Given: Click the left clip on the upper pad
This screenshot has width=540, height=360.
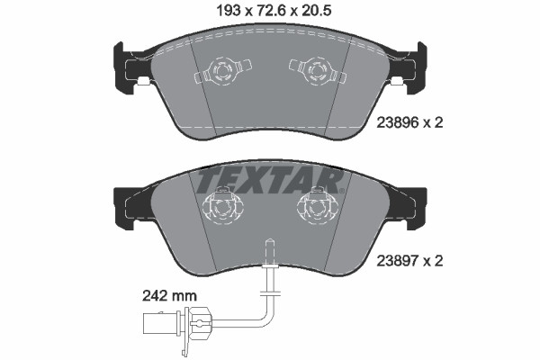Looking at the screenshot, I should (x=220, y=69).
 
